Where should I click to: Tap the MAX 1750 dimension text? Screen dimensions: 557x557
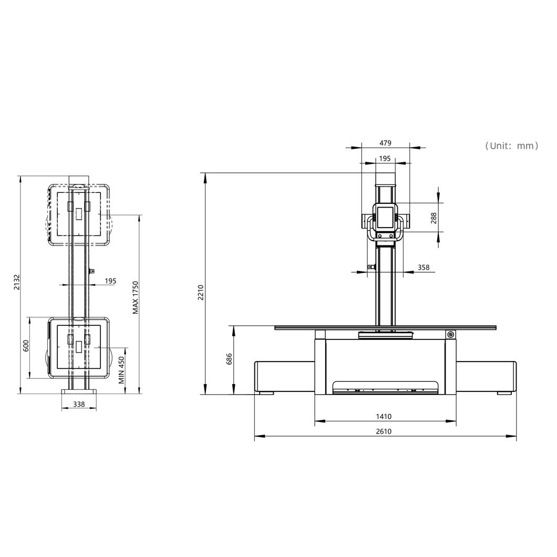pyautogui.click(x=136, y=298)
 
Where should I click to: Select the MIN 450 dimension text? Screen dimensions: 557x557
pyautogui.click(x=121, y=370)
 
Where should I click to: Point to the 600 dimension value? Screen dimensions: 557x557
pyautogui.click(x=26, y=346)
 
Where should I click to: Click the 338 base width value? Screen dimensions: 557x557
pyautogui.click(x=79, y=404)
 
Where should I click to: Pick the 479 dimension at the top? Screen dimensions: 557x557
pyautogui.click(x=385, y=143)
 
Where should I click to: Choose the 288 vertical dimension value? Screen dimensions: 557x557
pyautogui.click(x=434, y=218)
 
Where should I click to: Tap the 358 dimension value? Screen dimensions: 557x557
pyautogui.click(x=424, y=267)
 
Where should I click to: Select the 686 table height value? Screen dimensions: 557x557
pyautogui.click(x=229, y=359)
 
